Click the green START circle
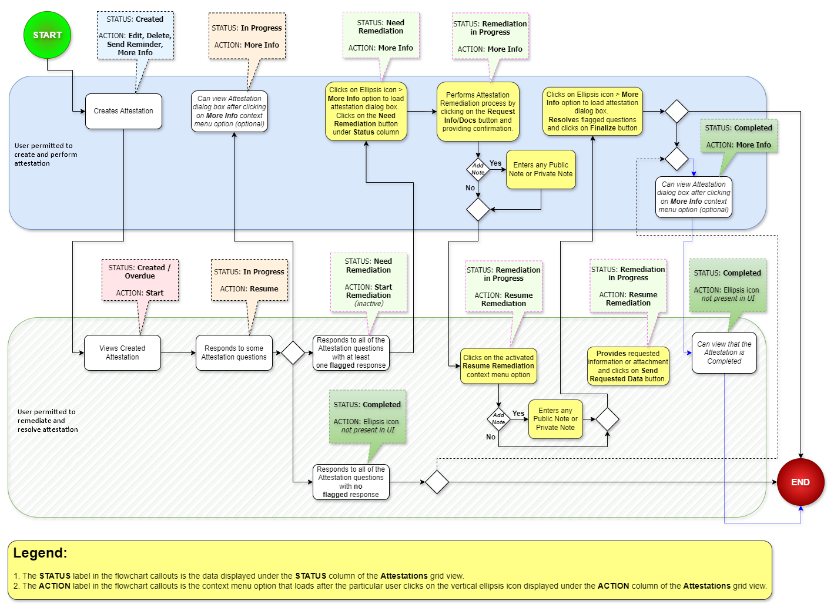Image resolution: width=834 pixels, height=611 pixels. click(47, 35)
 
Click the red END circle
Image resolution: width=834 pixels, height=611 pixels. click(800, 482)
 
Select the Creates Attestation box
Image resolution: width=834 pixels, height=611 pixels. click(123, 111)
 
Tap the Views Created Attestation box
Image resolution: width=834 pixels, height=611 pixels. click(122, 352)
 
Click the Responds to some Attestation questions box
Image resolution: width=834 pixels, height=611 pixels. click(234, 352)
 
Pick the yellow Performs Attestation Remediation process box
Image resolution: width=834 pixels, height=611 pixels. click(478, 112)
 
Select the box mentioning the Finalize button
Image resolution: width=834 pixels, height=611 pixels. click(592, 111)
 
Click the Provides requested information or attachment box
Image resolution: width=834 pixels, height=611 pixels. click(628, 366)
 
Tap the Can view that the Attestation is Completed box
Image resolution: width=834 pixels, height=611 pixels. click(724, 352)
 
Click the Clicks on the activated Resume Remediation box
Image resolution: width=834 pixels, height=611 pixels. click(498, 366)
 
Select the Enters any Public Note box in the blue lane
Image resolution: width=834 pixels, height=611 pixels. click(541, 170)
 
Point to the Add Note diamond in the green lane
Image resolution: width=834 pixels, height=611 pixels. click(498, 419)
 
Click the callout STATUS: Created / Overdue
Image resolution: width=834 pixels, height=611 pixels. click(140, 280)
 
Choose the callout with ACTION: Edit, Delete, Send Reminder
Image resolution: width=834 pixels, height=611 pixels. click(135, 35)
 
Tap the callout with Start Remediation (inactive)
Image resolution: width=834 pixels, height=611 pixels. click(369, 283)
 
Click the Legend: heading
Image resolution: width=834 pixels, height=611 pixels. click(40, 553)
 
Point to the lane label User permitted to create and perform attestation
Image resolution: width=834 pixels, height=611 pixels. click(46, 155)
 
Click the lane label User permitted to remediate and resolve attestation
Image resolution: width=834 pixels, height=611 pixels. click(48, 421)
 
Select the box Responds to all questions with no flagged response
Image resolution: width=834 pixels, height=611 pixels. click(351, 482)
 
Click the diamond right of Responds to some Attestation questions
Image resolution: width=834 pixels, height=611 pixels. click(293, 352)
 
